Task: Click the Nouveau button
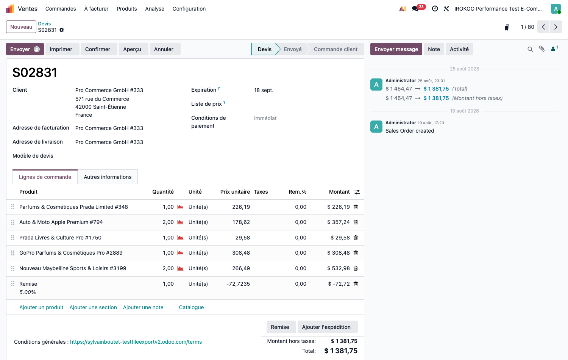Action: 21,27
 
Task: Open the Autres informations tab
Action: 108,177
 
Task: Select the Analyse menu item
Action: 154,9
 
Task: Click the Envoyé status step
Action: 293,49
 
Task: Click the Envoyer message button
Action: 396,49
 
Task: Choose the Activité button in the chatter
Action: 459,49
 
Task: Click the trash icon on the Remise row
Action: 356,283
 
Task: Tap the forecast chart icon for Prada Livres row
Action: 180,238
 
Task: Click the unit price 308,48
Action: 241,253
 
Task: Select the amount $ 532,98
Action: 338,268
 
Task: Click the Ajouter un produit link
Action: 41,307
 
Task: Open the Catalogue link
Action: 191,307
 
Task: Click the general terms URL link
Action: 136,342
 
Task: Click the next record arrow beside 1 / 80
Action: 556,27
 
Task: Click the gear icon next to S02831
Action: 62,30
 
